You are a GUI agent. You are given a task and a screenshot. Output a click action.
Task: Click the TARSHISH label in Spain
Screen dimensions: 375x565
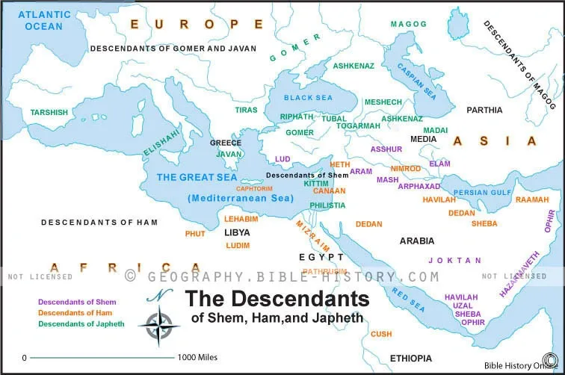pos(49,113)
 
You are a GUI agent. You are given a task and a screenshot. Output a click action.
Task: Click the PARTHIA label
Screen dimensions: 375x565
pos(484,110)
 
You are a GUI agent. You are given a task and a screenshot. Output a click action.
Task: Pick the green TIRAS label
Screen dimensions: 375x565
pos(246,110)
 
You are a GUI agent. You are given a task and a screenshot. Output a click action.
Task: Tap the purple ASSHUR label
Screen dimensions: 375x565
pos(386,149)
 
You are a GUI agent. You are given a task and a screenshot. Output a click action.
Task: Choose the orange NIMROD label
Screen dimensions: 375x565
pos(406,169)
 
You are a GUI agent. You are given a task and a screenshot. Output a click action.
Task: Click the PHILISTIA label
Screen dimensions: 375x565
pos(327,205)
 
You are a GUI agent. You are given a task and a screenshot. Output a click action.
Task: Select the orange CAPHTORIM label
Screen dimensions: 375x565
pos(253,189)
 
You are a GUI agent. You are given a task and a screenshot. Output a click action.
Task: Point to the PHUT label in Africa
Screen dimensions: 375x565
pos(195,234)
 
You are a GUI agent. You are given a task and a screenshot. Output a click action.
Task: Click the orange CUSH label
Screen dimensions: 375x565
pos(381,334)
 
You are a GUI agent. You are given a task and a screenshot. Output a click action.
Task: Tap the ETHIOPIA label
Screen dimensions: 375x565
pos(410,359)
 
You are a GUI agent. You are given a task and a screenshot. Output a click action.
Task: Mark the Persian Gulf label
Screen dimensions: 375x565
pos(482,193)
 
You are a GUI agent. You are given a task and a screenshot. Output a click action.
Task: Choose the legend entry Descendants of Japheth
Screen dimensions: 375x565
pos(77,323)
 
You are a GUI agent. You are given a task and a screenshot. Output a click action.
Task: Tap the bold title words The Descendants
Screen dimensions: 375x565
pos(277,299)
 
